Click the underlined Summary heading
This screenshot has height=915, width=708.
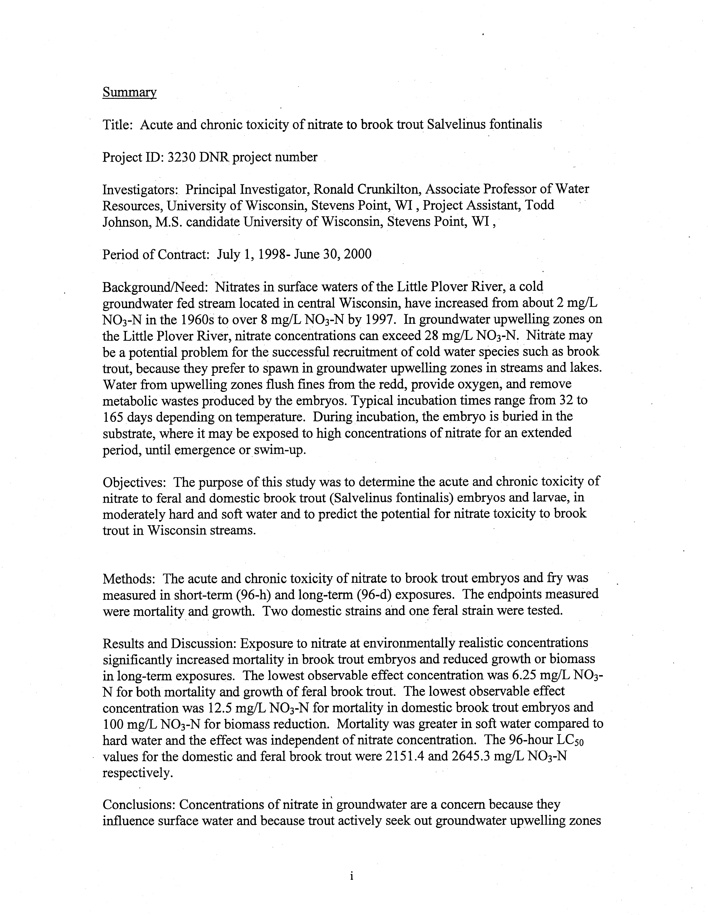coord(129,92)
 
